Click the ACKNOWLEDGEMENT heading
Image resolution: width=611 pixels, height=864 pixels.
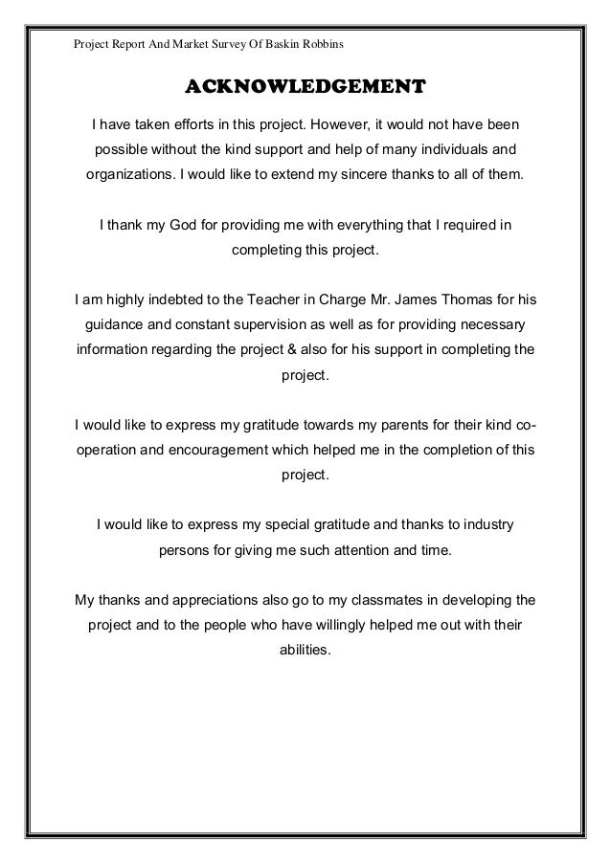[x=305, y=88]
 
